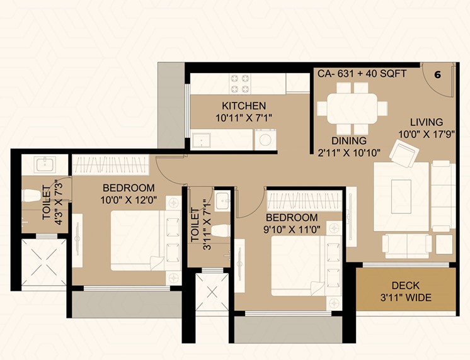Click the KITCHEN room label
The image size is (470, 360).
[x=244, y=106]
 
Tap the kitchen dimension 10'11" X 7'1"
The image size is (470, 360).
[x=244, y=118]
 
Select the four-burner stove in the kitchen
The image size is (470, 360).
[x=239, y=84]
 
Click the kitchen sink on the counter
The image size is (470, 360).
[x=201, y=139]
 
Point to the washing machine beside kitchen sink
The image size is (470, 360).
[x=265, y=140]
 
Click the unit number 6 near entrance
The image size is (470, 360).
[x=438, y=75]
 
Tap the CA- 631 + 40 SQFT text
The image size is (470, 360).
[x=362, y=74]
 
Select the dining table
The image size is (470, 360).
[x=352, y=108]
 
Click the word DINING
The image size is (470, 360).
[x=349, y=140]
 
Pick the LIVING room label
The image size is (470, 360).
[x=427, y=122]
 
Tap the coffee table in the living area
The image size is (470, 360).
[x=401, y=196]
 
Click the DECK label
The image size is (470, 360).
[x=406, y=286]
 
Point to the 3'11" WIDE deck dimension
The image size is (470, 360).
[x=406, y=298]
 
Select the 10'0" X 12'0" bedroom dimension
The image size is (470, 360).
[x=129, y=200]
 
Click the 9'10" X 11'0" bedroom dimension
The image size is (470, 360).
[x=292, y=230]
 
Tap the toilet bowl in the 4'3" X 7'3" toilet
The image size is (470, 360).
[x=31, y=195]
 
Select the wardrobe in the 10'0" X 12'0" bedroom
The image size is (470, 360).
[x=111, y=165]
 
